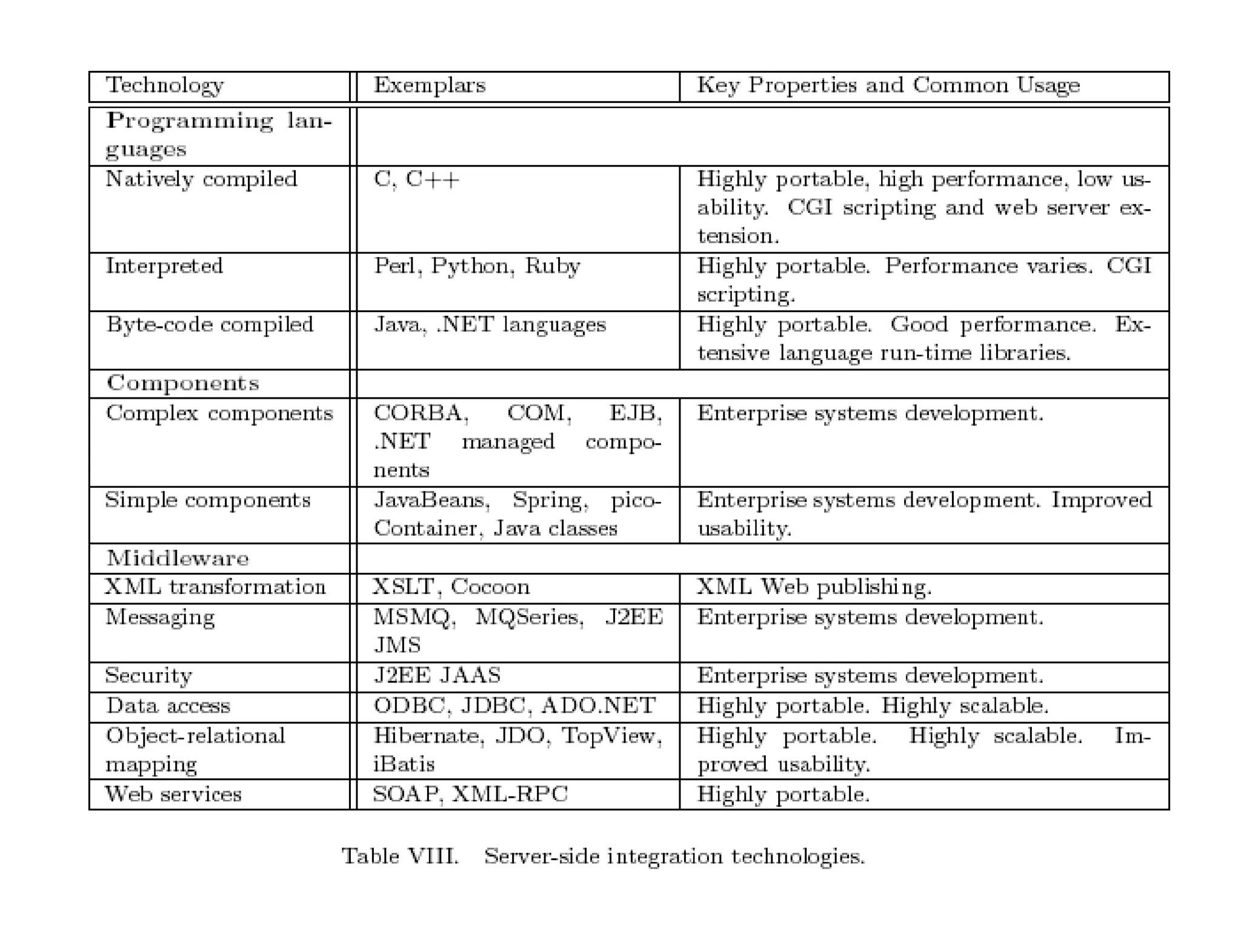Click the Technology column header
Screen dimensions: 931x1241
tap(165, 85)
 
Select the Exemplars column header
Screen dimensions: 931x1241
tap(429, 85)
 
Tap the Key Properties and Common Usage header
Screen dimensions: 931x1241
tap(888, 85)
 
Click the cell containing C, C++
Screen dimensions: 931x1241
tap(417, 179)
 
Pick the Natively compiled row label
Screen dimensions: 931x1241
tap(201, 179)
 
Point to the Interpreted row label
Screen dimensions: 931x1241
tap(164, 266)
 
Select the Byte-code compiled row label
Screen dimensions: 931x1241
tap(210, 325)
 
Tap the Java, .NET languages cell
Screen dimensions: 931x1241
tap(490, 325)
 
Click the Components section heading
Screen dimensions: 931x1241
tap(182, 383)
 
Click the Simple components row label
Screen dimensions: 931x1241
tap(207, 500)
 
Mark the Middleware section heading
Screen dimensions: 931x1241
tap(178, 558)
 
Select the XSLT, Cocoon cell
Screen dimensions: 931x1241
tap(451, 587)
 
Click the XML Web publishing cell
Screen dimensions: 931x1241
tap(814, 587)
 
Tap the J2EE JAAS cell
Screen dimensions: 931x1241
tap(437, 675)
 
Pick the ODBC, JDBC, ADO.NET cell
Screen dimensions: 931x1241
tap(514, 706)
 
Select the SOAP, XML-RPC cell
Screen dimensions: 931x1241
tap(470, 794)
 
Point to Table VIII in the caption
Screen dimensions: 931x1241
tap(400, 856)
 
